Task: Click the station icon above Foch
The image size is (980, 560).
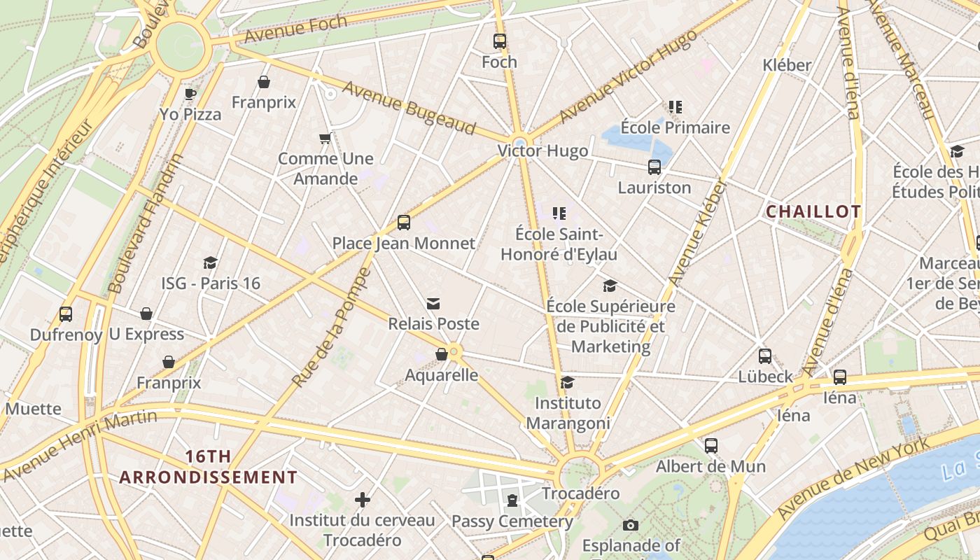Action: (499, 41)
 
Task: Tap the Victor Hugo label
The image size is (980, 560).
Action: (542, 150)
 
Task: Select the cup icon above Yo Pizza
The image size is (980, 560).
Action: (190, 93)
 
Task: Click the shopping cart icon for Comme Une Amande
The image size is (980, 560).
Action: (325, 138)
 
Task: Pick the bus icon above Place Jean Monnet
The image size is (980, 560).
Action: (403, 223)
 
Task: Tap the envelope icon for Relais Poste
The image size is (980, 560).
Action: (433, 303)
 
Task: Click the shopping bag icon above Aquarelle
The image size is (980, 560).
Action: (442, 354)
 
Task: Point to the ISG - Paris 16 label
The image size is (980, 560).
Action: (211, 283)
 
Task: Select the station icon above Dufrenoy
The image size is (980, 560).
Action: (66, 314)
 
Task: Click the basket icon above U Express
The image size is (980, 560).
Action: (146, 314)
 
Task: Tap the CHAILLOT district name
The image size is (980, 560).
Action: (813, 211)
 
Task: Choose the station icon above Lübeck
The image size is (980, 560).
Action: (765, 356)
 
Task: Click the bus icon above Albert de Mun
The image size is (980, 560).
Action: (711, 445)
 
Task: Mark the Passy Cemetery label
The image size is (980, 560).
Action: (512, 521)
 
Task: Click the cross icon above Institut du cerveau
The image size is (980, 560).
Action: (362, 500)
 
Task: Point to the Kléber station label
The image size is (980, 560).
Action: (787, 65)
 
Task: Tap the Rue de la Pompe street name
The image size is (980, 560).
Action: (331, 328)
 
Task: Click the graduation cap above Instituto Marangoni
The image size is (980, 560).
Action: (567, 382)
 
